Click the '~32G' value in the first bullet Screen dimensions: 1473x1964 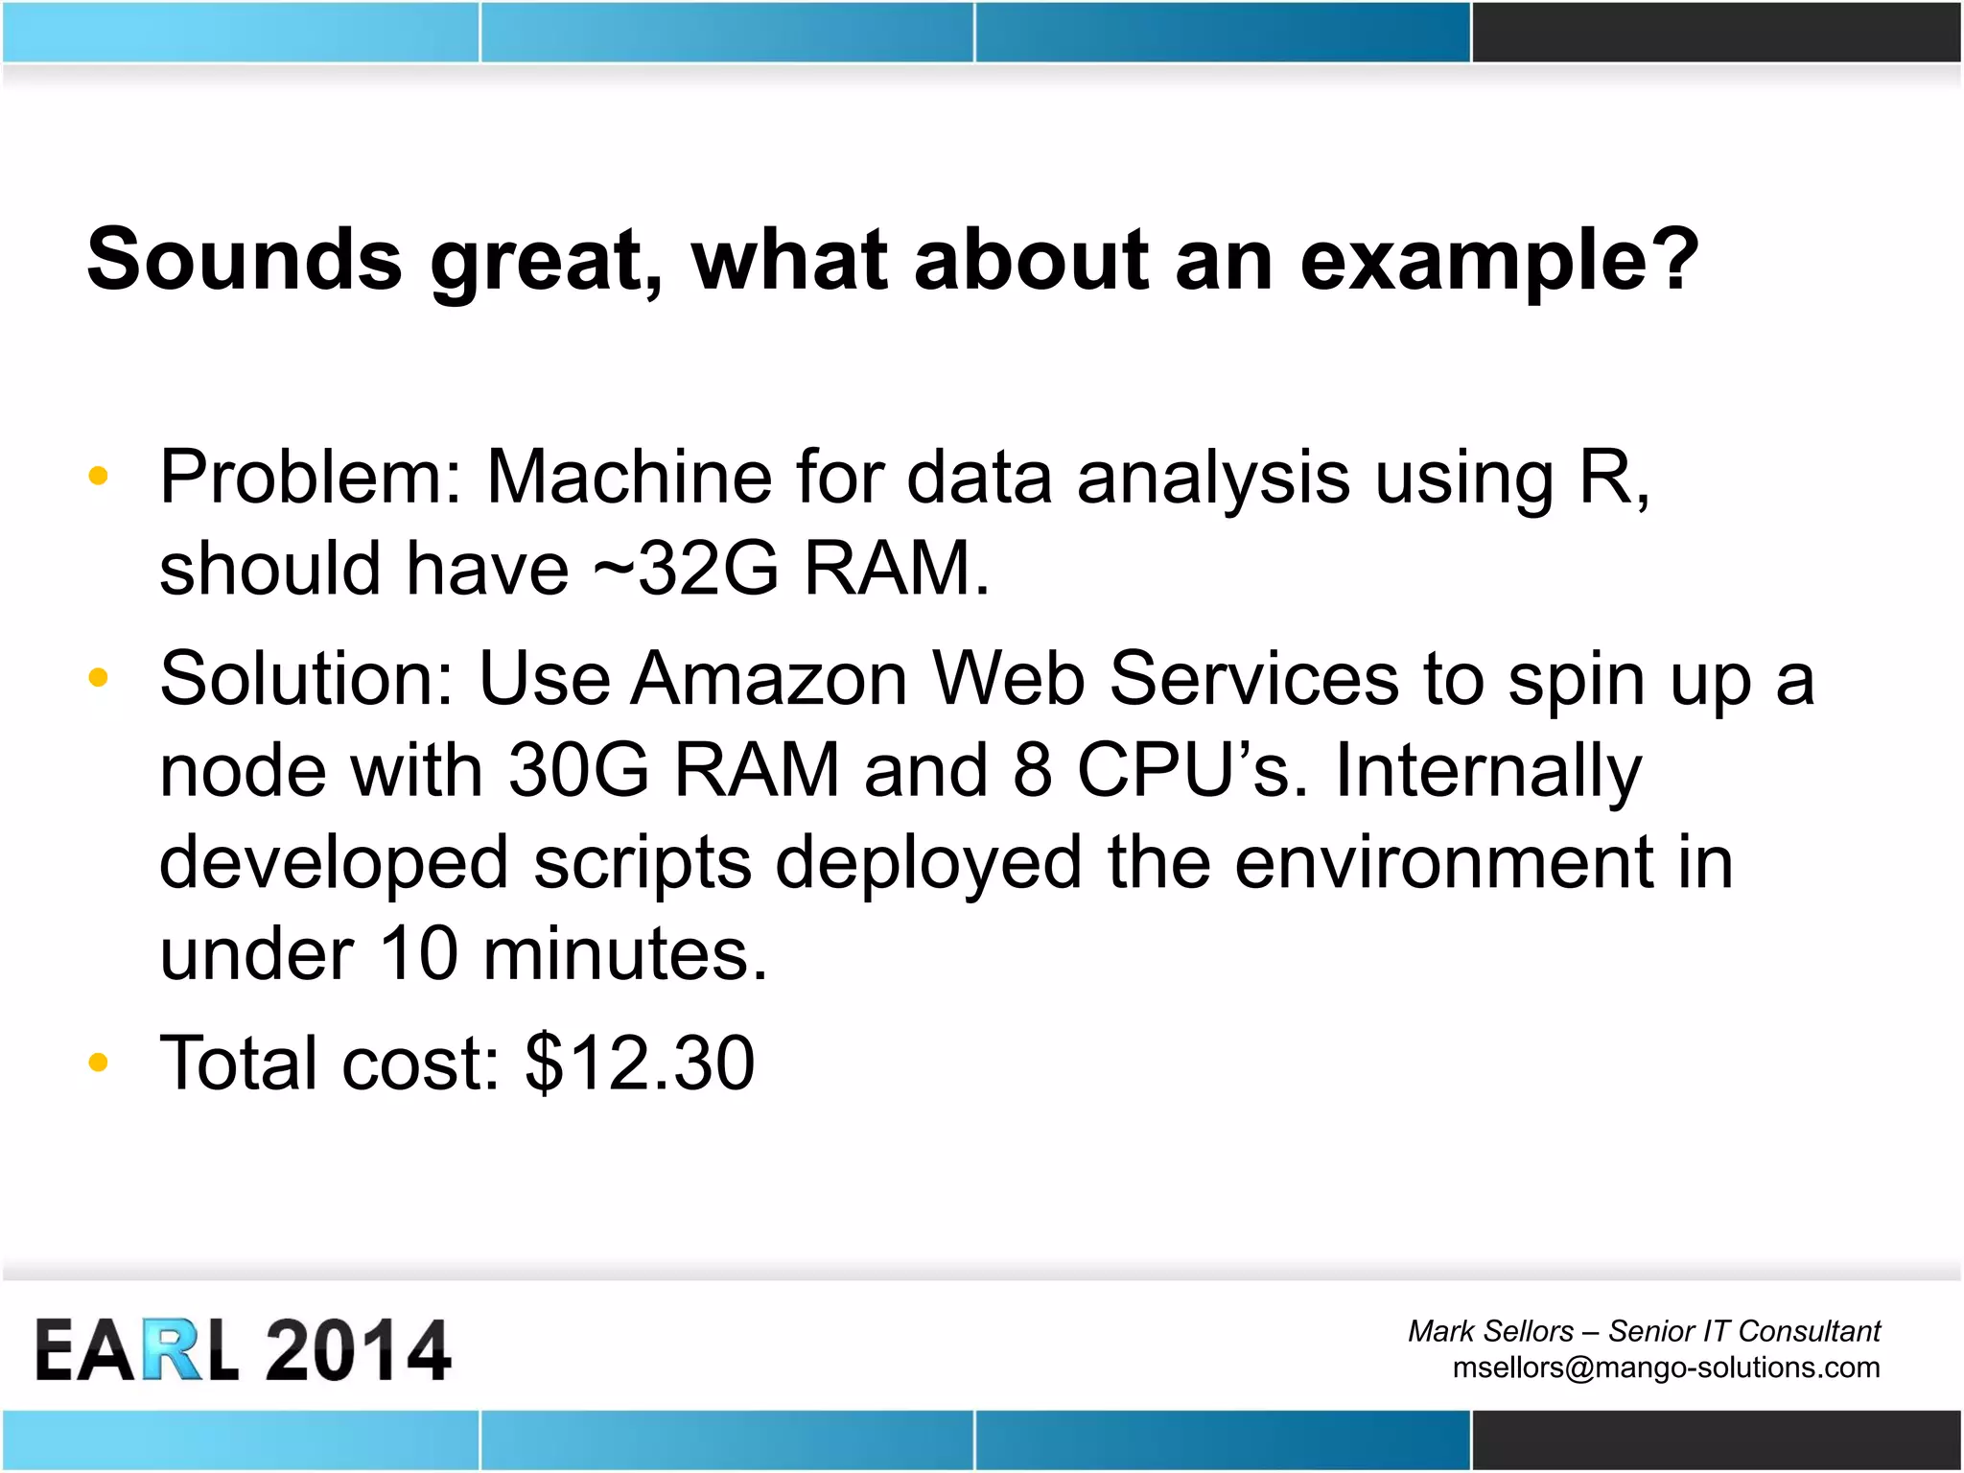pyautogui.click(x=685, y=569)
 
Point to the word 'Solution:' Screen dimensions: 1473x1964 pyautogui.click(x=306, y=679)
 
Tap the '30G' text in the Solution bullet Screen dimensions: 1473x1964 pyautogui.click(x=578, y=770)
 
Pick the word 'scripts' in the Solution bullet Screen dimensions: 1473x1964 pyautogui.click(x=642, y=863)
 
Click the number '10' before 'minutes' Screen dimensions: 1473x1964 pyautogui.click(x=419, y=954)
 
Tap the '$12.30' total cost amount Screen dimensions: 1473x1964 pyautogui.click(x=640, y=1063)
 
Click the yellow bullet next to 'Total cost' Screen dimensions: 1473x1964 pyautogui.click(x=98, y=1063)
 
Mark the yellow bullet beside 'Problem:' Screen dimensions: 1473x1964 pyautogui.click(x=98, y=476)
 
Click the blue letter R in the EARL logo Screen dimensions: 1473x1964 pyautogui.click(x=174, y=1350)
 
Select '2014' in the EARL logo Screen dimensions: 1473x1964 pyautogui.click(x=357, y=1350)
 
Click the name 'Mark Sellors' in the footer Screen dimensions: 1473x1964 pyautogui.click(x=1489, y=1331)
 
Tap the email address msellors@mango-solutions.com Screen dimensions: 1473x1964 pyautogui.click(x=1665, y=1367)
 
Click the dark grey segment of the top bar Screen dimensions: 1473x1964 pyautogui.click(x=1716, y=33)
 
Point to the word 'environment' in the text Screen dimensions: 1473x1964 pyautogui.click(x=1441, y=863)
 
